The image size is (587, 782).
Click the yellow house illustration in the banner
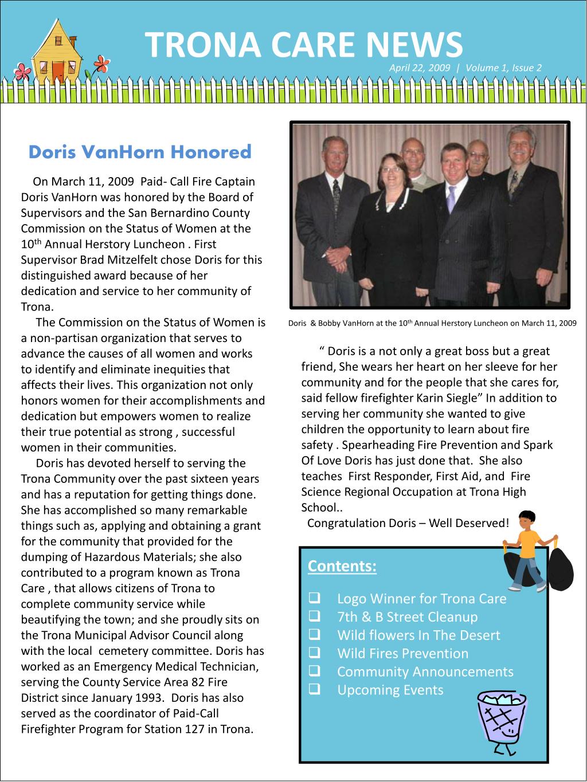pos(57,52)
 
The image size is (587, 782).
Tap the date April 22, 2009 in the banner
pos(419,68)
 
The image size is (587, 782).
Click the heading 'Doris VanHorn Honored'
pos(140,152)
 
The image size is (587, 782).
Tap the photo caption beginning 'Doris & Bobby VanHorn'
pos(432,323)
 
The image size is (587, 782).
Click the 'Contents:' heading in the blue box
pos(342,566)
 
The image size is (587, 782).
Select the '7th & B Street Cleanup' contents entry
pos(407,617)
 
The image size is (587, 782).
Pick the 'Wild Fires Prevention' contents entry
pos(402,654)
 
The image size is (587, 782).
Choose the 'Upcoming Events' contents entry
pos(390,690)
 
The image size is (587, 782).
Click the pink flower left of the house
pos(22,72)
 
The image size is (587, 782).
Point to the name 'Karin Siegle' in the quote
pos(446,398)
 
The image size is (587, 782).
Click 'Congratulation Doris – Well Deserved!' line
pos(408,523)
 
